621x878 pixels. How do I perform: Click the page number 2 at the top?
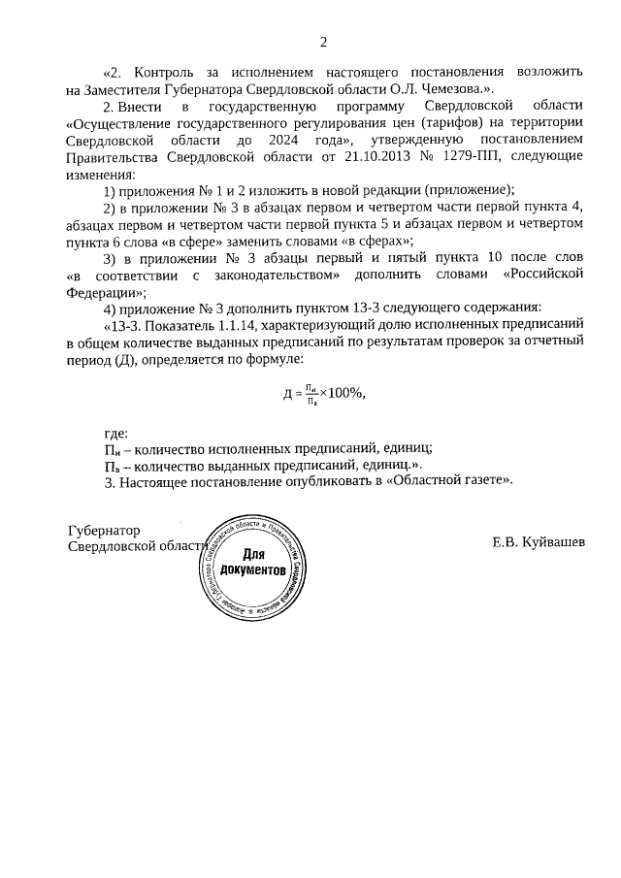[324, 41]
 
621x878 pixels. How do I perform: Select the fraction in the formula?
[309, 393]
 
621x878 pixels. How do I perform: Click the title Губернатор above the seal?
[104, 531]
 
